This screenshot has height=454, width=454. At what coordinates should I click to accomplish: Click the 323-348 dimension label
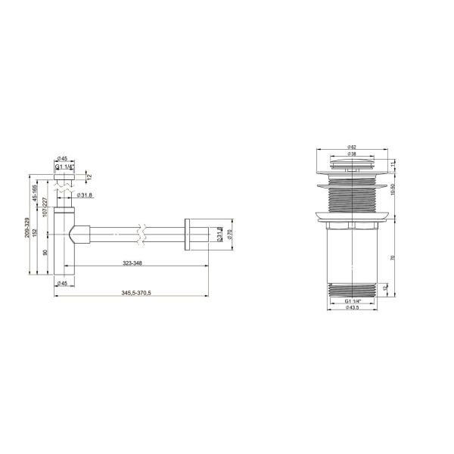coord(129,264)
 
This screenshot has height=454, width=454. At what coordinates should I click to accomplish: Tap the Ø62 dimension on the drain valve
coord(353,147)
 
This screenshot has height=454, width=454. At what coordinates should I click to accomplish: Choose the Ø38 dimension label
coord(353,154)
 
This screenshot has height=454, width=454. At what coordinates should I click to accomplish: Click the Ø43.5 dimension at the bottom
coord(353,308)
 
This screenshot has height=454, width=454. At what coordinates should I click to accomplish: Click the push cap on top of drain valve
coord(353,164)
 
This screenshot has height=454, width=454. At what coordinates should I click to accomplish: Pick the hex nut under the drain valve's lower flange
coord(353,225)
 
